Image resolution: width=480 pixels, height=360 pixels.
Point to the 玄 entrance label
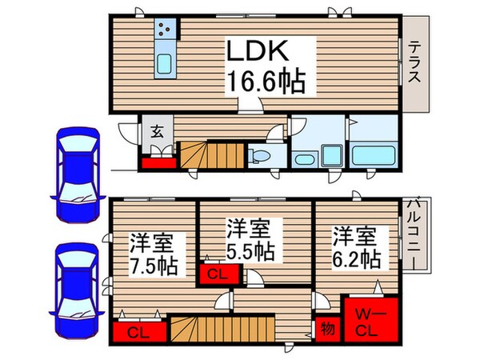[x=158, y=132]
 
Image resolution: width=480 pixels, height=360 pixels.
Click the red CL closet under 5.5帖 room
[x=216, y=273]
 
